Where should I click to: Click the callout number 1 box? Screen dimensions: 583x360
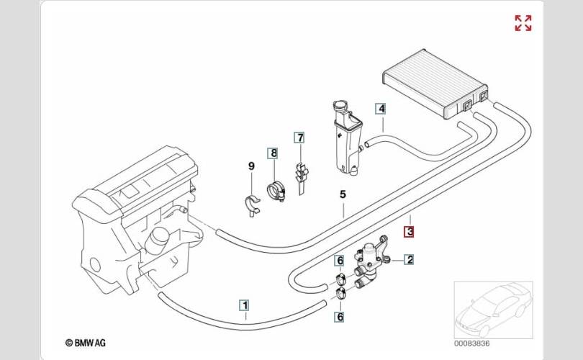coord(245,306)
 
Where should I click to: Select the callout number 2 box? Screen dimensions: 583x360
coord(410,260)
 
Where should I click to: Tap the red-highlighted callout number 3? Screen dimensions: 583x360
coord(410,232)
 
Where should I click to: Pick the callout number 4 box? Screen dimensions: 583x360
coord(381,109)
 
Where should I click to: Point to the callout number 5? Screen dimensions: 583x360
coord(343,194)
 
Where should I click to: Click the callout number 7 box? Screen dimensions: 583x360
coord(300,138)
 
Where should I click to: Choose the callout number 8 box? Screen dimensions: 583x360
coord(274,153)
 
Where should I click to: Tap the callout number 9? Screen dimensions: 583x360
coord(251,166)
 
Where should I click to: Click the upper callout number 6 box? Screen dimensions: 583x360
coord(340,261)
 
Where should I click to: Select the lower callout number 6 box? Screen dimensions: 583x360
coord(340,317)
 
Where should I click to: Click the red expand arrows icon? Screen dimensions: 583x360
coord(523,23)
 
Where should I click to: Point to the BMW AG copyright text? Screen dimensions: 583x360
coord(86,343)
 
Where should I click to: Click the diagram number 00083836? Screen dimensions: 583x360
coord(472,343)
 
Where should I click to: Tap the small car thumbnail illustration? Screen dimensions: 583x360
coord(494,310)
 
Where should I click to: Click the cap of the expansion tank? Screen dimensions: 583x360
coord(340,106)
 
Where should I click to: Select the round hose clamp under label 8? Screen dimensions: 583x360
coord(276,190)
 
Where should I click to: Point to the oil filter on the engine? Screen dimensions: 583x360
coord(156,238)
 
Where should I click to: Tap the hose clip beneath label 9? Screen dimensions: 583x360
coord(253,205)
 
